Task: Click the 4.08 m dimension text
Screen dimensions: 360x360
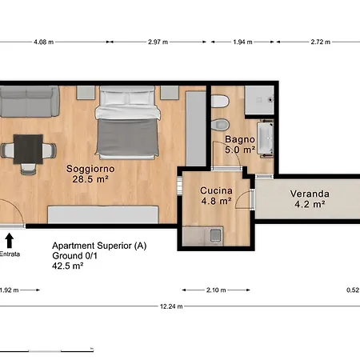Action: click(x=43, y=42)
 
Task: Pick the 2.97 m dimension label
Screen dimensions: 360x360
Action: click(x=158, y=42)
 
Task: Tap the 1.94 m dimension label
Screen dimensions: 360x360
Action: click(x=242, y=42)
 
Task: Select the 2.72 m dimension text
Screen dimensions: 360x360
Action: click(x=320, y=42)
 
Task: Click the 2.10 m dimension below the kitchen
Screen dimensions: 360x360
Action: click(x=216, y=290)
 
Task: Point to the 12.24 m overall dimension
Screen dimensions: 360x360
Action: click(x=171, y=306)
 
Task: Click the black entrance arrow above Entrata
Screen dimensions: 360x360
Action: click(x=10, y=241)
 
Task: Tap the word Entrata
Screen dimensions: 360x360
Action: click(x=10, y=254)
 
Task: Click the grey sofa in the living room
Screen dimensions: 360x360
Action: click(x=30, y=102)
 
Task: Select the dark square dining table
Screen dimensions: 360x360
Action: click(x=28, y=150)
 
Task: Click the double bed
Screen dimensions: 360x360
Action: click(x=127, y=122)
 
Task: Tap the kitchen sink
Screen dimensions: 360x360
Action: click(x=215, y=235)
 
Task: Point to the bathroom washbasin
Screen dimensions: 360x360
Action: click(x=266, y=138)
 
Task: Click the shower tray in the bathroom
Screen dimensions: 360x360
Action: click(x=259, y=100)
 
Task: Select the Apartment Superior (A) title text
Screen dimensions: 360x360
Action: click(x=99, y=246)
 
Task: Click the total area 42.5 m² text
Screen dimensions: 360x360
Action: click(x=68, y=266)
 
